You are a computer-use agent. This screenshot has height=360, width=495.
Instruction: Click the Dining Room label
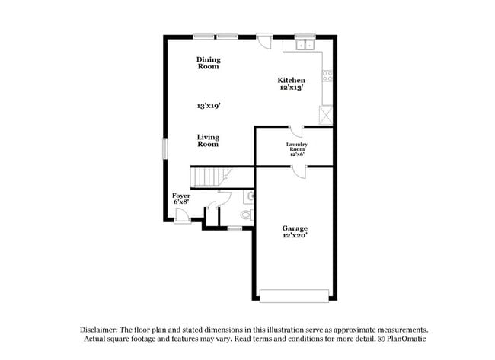pos(208,63)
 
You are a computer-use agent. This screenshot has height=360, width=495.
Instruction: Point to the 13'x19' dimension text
pos(208,107)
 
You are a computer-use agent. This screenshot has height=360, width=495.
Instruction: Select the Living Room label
pos(208,141)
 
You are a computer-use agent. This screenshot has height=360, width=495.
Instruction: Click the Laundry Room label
pos(296,148)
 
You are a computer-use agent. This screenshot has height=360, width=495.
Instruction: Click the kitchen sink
pos(305,45)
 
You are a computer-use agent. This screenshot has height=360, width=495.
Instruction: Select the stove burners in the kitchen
pos(327,75)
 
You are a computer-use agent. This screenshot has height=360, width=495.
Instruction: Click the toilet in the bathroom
pos(247,215)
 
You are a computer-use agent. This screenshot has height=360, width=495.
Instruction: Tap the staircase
pos(207,177)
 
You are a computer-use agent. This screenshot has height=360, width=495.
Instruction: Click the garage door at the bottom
pos(295,295)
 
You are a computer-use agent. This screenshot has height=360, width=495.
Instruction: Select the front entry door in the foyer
pos(183,219)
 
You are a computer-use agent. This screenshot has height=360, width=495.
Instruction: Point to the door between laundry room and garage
pos(299,172)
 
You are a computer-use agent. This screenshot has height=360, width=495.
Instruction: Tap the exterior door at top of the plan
pos(264,40)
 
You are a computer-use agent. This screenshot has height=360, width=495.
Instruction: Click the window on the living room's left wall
pos(164,148)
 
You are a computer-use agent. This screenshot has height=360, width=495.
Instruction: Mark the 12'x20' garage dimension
pos(295,237)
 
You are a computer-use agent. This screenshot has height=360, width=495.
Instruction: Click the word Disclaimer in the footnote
pos(101,330)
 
